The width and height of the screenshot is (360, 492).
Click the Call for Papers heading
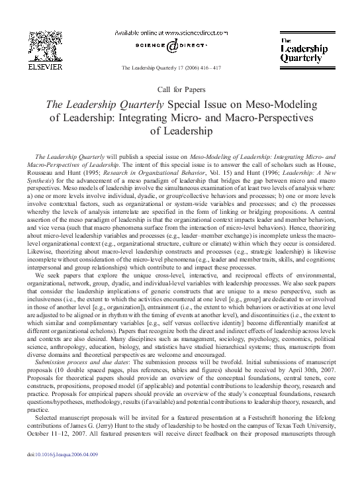click(180, 88)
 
